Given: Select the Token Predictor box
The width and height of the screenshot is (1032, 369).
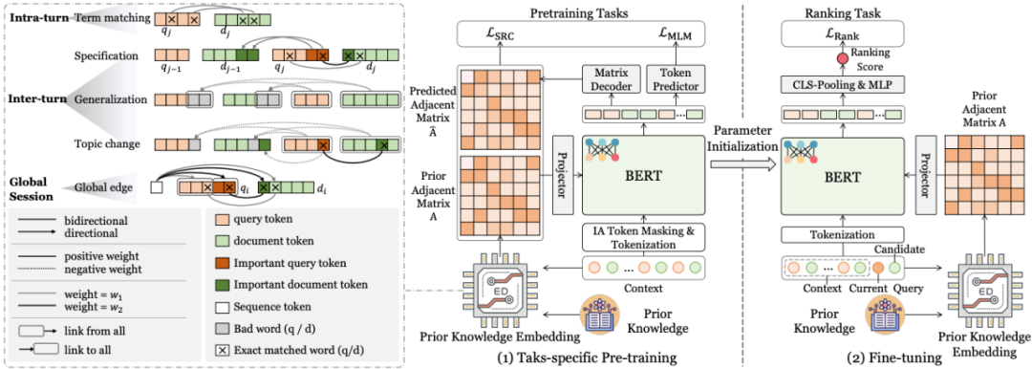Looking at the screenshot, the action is tap(674, 80).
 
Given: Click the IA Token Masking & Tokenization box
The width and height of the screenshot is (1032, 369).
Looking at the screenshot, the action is tap(644, 237).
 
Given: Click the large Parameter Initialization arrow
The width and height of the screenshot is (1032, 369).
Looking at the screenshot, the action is tap(742, 164).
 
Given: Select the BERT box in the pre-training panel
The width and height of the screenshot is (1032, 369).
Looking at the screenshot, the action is tap(644, 176).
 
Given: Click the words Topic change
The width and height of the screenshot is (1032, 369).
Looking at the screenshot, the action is tap(104, 143).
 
